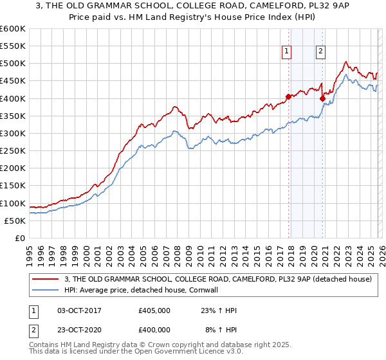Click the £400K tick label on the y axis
click(x=12, y=98)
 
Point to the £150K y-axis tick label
click(x=12, y=186)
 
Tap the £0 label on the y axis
click(x=19, y=239)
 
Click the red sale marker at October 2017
click(x=288, y=97)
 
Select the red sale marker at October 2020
click(x=323, y=99)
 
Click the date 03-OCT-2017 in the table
click(x=79, y=310)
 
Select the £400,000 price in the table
click(x=154, y=329)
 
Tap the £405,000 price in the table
click(x=154, y=310)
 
